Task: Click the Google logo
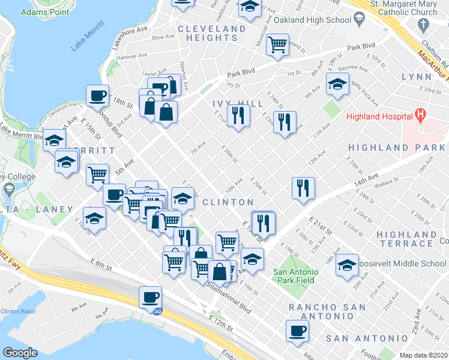[x=20, y=353]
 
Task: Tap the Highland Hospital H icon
[x=420, y=113]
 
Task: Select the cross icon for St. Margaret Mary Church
[x=424, y=25]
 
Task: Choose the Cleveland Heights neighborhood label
[x=211, y=33]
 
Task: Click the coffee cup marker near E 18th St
[x=98, y=95]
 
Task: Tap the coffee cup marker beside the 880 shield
[x=150, y=296]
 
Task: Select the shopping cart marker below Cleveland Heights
[x=277, y=44]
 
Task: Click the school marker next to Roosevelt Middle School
[x=347, y=264]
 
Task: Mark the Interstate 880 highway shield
[x=157, y=312]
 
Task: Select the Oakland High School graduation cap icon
[x=359, y=20]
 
